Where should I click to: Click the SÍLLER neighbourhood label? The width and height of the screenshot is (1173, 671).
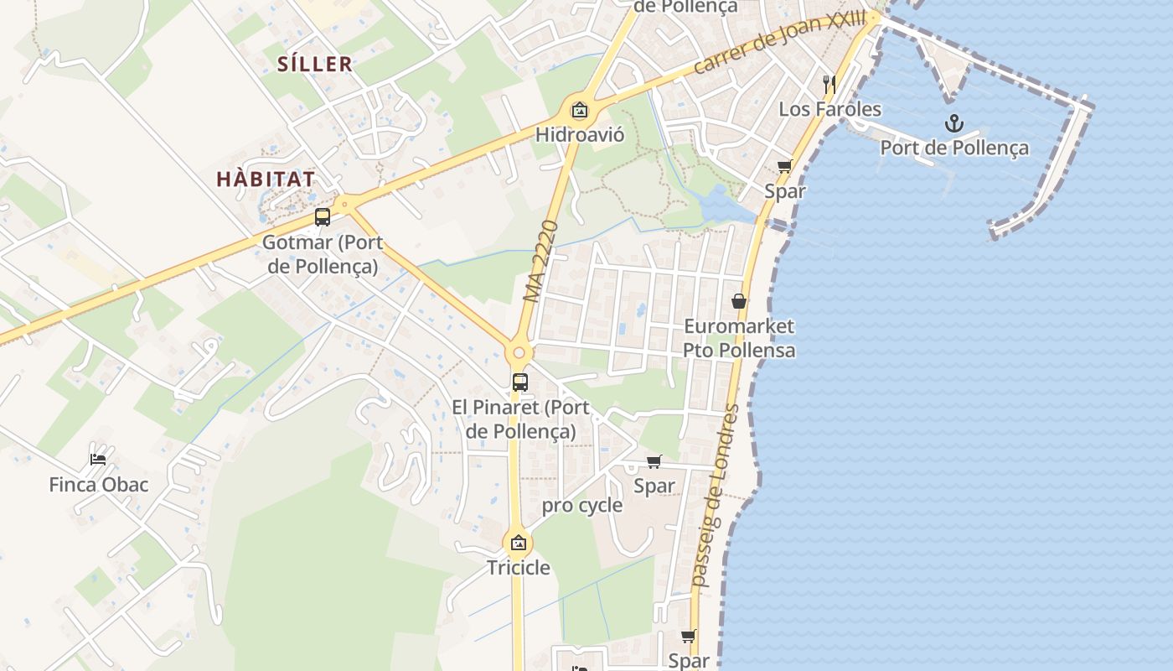(x=315, y=64)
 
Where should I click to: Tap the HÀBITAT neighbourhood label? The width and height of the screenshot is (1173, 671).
(x=266, y=179)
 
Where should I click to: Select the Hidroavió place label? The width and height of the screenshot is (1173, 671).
(x=580, y=134)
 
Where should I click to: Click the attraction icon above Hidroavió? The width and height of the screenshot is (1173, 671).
(x=579, y=110)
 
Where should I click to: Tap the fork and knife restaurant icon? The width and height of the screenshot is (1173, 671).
(x=829, y=84)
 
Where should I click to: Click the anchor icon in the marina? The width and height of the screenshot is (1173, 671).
(x=953, y=124)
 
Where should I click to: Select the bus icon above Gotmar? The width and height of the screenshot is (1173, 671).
(x=323, y=217)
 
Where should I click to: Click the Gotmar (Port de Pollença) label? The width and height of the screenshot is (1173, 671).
(x=323, y=254)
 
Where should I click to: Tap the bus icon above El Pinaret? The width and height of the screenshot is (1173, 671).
(x=520, y=382)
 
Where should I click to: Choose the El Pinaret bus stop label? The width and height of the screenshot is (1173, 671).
(x=520, y=419)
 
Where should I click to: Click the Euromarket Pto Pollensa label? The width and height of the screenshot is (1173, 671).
(x=739, y=337)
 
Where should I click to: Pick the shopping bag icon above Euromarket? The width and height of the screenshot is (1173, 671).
(x=739, y=301)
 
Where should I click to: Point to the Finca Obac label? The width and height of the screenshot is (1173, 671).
(x=99, y=485)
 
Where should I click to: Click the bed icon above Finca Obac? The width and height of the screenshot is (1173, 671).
(x=98, y=460)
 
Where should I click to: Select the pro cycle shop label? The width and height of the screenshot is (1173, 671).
(x=582, y=505)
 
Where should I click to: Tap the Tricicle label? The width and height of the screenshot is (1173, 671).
(x=519, y=568)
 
